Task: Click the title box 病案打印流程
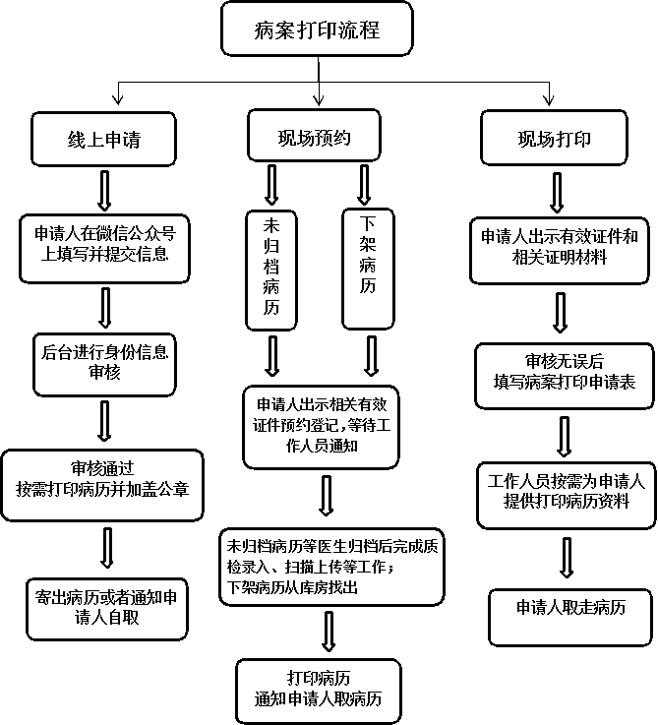pos(317,29)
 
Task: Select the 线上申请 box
pos(103,139)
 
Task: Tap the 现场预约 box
pos(314,136)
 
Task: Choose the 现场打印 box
pos(554,138)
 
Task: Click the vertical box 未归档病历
pos(270,271)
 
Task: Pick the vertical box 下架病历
pos(368,269)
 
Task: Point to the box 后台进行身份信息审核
pos(104,364)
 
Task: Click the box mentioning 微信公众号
pos(104,248)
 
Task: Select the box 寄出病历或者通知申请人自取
pos(107,609)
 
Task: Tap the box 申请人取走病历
pos(570,617)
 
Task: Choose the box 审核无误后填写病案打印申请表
pos(565,376)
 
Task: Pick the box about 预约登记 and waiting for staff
pos(321,427)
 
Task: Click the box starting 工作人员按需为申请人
pos(567,495)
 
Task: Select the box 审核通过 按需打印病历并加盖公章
pos(102,486)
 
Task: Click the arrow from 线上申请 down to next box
pos(105,191)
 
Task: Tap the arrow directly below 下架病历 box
pos(372,356)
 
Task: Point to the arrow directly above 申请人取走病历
pos(567,558)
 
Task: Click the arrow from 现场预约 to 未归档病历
pos(271,185)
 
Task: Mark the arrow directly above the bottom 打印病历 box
pos(329,632)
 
